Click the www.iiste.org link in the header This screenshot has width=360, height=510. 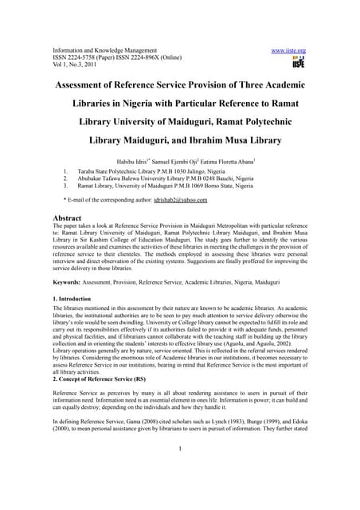tap(288, 49)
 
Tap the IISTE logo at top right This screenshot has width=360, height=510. tap(298, 63)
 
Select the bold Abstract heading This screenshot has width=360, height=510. tap(71, 217)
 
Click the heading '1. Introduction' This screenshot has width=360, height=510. tap(76, 297)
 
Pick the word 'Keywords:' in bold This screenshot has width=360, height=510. tap(70, 282)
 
